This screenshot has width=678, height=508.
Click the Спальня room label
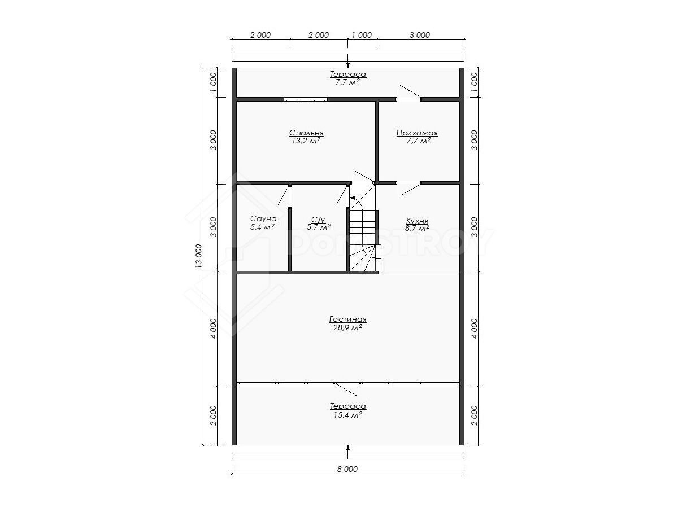coord(306,133)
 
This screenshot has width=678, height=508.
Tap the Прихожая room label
coord(417,133)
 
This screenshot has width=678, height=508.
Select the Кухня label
coord(417,221)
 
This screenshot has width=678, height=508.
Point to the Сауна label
coord(263,218)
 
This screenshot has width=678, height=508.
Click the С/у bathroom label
coord(318,220)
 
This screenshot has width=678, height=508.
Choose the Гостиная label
coord(348,319)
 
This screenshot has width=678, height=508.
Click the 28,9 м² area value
coord(347,327)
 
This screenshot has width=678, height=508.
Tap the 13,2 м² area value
coord(306,141)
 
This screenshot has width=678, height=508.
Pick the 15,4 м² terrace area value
coord(348,415)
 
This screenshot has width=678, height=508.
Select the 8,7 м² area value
coord(417,228)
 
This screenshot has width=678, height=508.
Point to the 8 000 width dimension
coord(347,469)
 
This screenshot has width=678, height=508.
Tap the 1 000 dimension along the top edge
coord(362,35)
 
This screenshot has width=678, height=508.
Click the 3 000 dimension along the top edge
coord(420,35)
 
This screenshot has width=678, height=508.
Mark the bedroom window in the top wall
coord(306,99)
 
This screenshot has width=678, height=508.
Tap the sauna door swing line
coord(284,195)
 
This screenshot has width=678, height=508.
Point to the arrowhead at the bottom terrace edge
coord(348,448)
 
